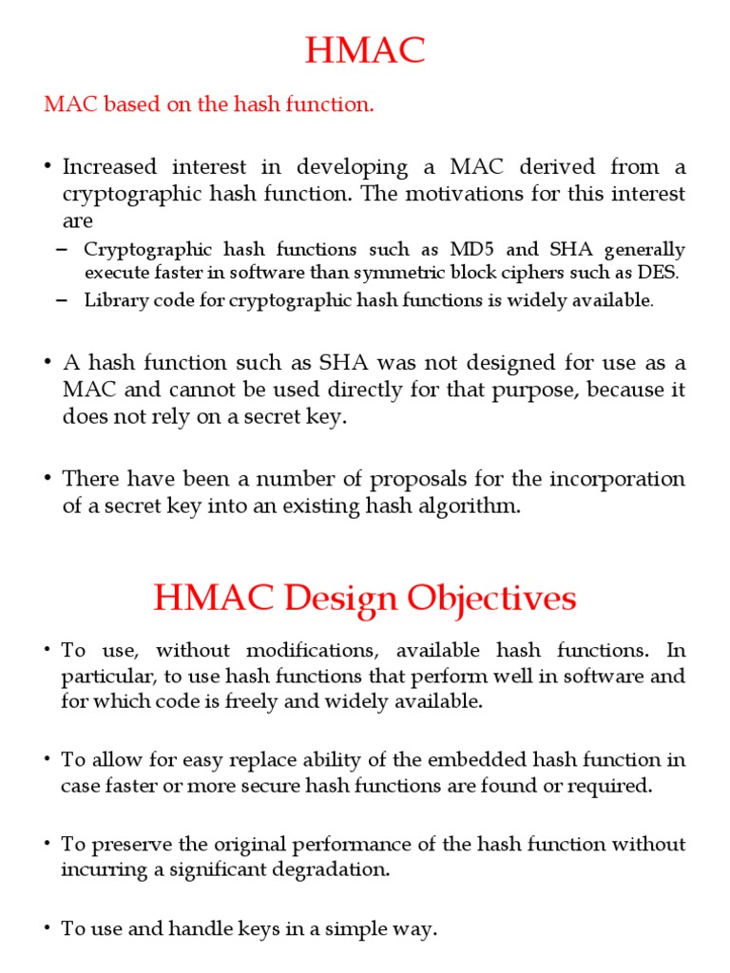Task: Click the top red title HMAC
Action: click(x=365, y=51)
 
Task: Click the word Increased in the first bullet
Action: click(x=109, y=167)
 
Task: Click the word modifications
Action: click(x=313, y=651)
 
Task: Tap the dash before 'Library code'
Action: click(x=63, y=300)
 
